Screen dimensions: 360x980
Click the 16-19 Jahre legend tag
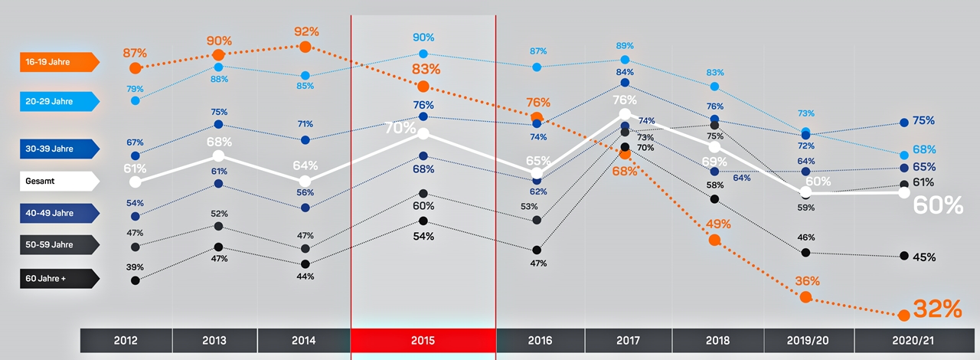(x=58, y=62)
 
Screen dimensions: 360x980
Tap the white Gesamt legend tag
(x=58, y=181)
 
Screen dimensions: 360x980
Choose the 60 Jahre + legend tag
(x=58, y=278)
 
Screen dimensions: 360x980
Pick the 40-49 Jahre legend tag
(x=58, y=213)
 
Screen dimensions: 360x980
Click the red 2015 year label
(x=423, y=340)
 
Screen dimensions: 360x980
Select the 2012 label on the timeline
(x=126, y=340)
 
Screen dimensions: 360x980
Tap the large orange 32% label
(x=936, y=309)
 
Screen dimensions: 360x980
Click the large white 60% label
(x=939, y=205)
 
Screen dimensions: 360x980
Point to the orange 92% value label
(x=305, y=32)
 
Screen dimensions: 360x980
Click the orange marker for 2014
(x=305, y=47)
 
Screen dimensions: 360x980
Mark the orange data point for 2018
(x=714, y=240)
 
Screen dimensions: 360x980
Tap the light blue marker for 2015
(x=423, y=54)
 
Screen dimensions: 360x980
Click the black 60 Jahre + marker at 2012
(x=136, y=280)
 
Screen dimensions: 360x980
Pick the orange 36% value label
(x=807, y=281)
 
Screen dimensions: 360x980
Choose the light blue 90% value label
(x=423, y=37)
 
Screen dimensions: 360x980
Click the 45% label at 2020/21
(x=924, y=257)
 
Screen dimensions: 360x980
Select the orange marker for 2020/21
(x=904, y=315)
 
